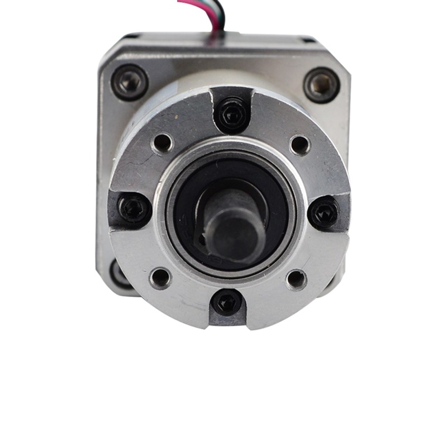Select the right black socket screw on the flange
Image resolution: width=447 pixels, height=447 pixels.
pyautogui.click(x=324, y=212)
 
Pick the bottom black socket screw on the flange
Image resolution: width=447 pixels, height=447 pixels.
pyautogui.click(x=227, y=303)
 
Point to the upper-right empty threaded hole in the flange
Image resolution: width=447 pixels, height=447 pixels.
pyautogui.click(x=300, y=145)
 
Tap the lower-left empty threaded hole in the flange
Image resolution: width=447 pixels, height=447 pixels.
pyautogui.click(x=160, y=277)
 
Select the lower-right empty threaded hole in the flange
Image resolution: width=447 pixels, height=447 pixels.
pyautogui.click(x=296, y=279)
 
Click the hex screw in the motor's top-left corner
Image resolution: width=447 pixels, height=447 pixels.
pyautogui.click(x=130, y=82)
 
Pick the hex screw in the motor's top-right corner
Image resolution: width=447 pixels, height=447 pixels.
pyautogui.click(x=322, y=84)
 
